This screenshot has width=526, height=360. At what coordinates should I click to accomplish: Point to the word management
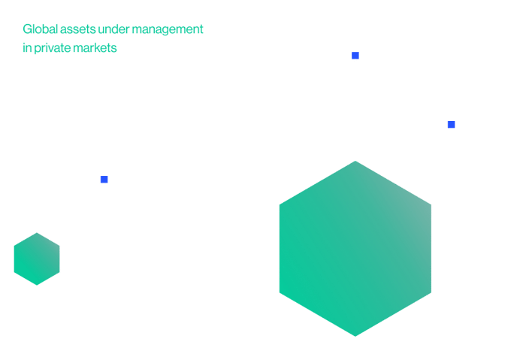[x=168, y=30]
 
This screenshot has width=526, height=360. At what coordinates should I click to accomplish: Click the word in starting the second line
[x=27, y=48]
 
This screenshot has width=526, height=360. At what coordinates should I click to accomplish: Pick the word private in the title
[x=52, y=49]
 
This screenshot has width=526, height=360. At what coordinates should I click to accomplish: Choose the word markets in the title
[x=95, y=48]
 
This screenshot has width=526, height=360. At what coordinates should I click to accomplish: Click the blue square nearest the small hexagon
[x=104, y=180]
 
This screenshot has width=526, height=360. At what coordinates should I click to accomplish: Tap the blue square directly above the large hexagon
[x=355, y=56]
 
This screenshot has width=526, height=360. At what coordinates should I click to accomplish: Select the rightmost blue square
[x=451, y=125]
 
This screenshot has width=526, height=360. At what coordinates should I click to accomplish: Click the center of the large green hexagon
[x=355, y=249]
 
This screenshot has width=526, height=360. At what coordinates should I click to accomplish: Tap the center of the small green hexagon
[x=37, y=259]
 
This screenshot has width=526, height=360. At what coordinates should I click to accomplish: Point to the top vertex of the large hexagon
[x=355, y=161]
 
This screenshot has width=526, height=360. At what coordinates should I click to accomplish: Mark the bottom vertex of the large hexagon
[x=355, y=336]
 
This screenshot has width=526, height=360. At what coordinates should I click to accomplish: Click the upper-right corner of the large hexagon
[x=431, y=204]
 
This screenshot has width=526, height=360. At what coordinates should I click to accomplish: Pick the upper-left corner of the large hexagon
[x=280, y=204]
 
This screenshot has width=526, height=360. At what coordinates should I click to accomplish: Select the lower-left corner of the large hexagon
[x=280, y=292]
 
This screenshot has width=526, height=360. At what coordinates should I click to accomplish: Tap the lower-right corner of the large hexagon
[x=431, y=292]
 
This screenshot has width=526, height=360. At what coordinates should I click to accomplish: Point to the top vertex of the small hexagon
[x=37, y=232]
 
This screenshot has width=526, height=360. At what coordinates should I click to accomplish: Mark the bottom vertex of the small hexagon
[x=37, y=285]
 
